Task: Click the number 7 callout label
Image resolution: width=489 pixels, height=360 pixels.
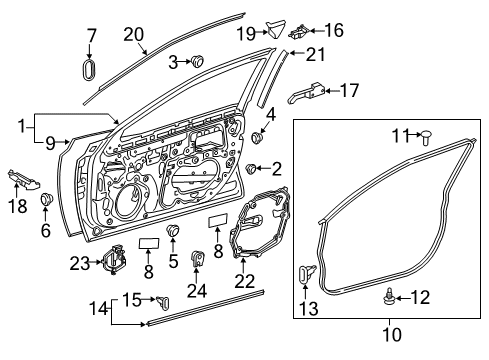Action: (x=91, y=37)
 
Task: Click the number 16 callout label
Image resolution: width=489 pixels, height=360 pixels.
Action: (x=332, y=31)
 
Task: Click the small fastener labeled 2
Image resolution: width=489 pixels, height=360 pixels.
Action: (x=255, y=166)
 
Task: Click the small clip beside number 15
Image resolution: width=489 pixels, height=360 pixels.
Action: (x=163, y=298)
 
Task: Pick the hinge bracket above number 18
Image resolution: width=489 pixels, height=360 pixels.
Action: (x=28, y=179)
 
